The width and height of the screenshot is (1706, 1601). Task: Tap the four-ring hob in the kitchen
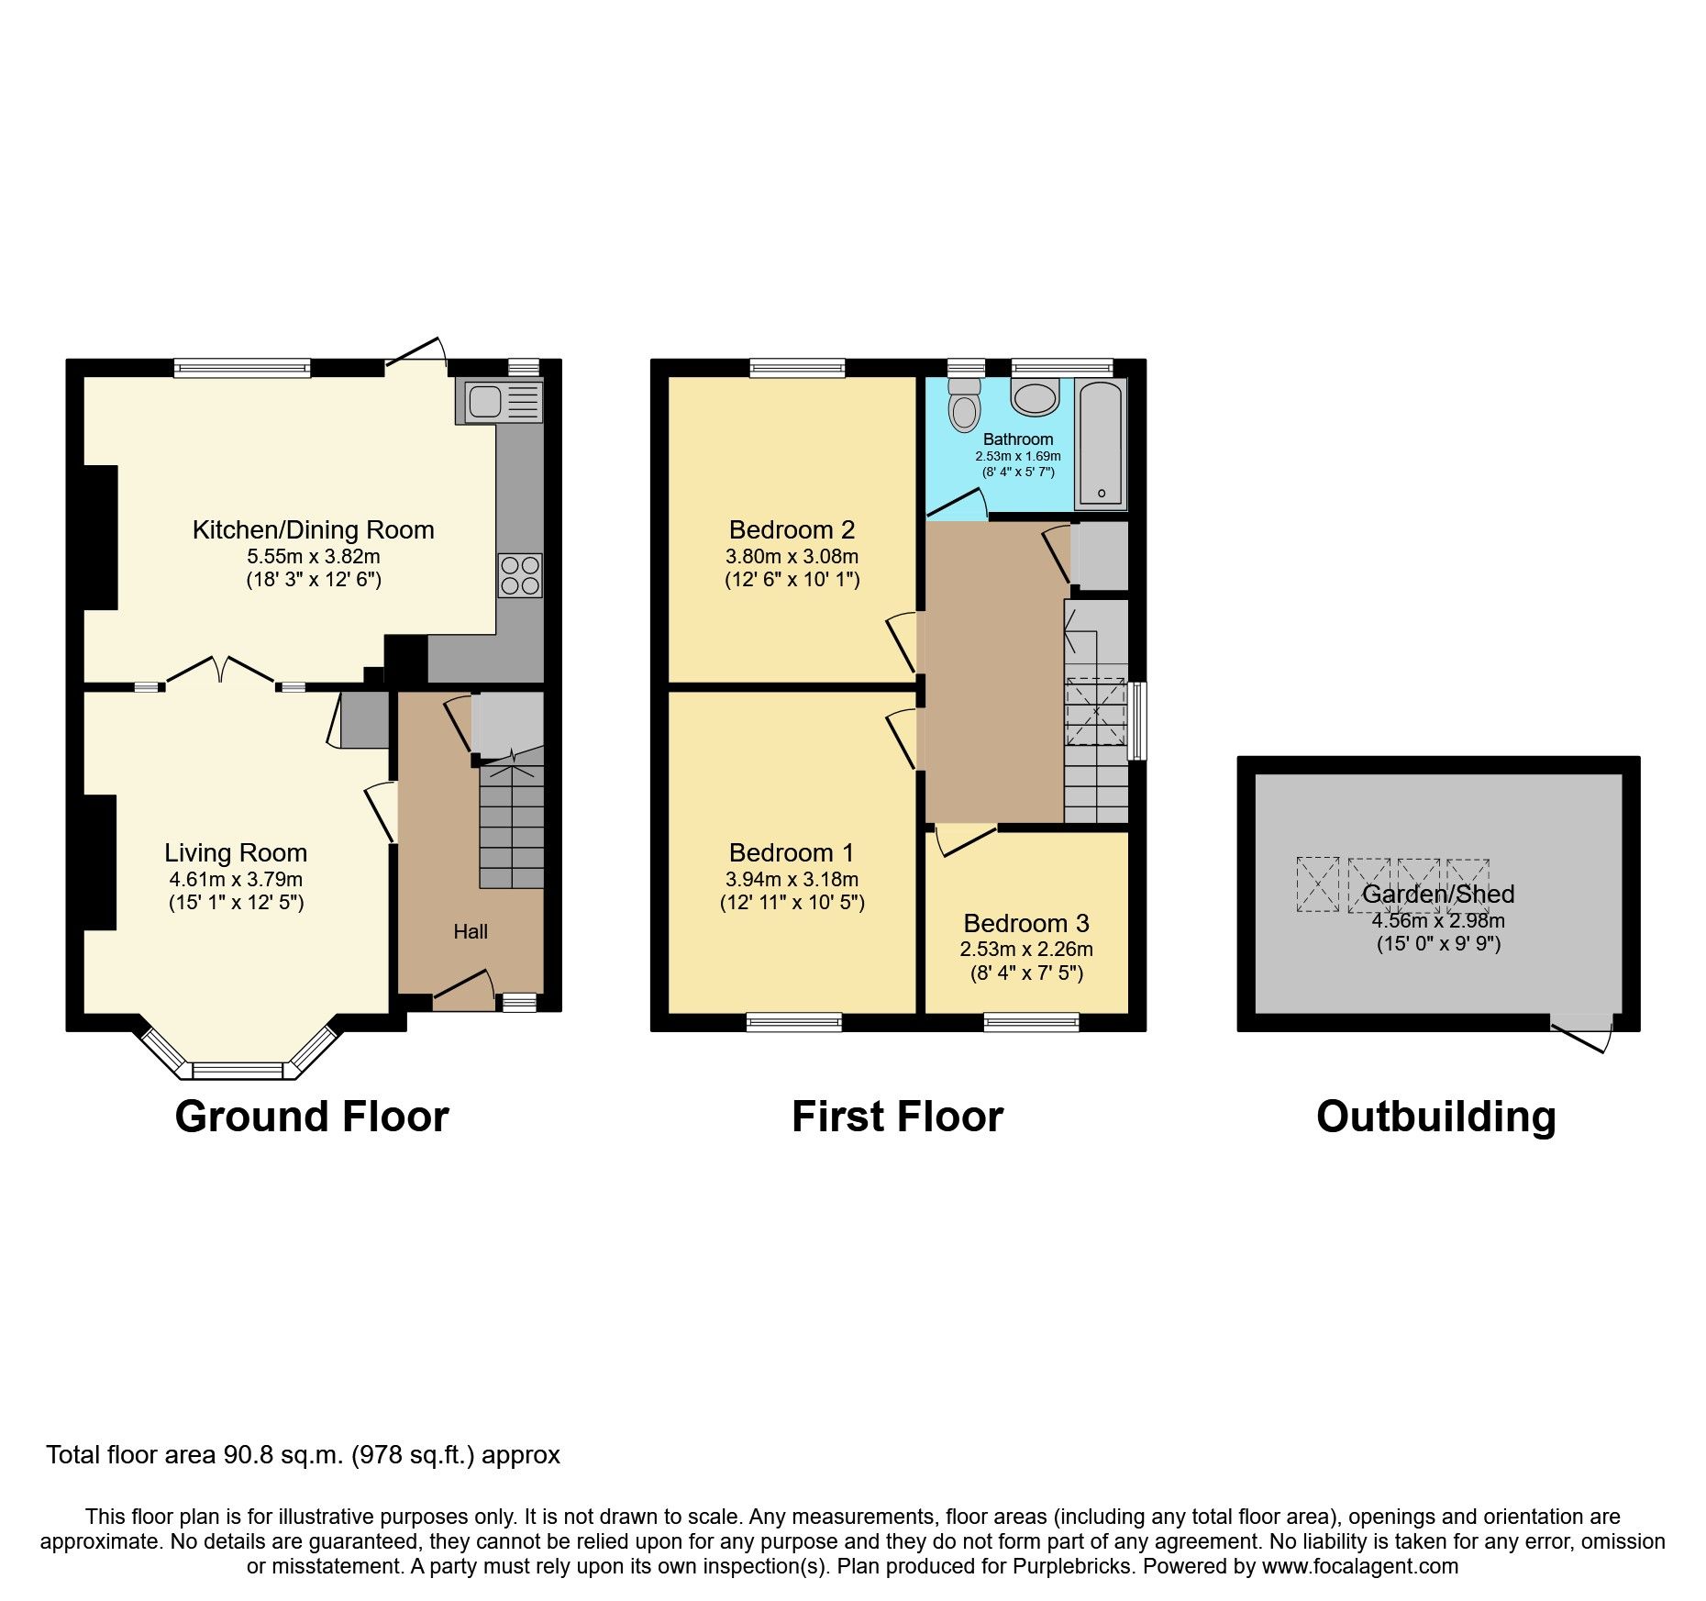(x=520, y=575)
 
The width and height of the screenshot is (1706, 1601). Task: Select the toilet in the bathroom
(x=964, y=406)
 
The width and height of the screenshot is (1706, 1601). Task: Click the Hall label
(x=471, y=932)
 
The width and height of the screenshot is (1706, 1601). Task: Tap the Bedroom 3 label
(x=1026, y=923)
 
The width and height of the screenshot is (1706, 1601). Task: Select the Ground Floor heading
(x=312, y=1117)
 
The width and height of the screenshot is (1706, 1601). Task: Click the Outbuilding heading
(x=1435, y=1117)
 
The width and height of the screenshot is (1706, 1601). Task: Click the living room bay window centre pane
(x=243, y=1071)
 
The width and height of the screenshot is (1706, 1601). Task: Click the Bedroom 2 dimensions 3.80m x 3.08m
(x=792, y=556)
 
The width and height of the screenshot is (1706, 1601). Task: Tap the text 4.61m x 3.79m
(x=236, y=879)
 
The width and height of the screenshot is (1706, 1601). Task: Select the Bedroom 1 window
(x=793, y=1022)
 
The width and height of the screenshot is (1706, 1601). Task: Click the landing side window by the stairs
(x=1137, y=720)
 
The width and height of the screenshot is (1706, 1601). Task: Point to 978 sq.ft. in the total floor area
(x=413, y=1455)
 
